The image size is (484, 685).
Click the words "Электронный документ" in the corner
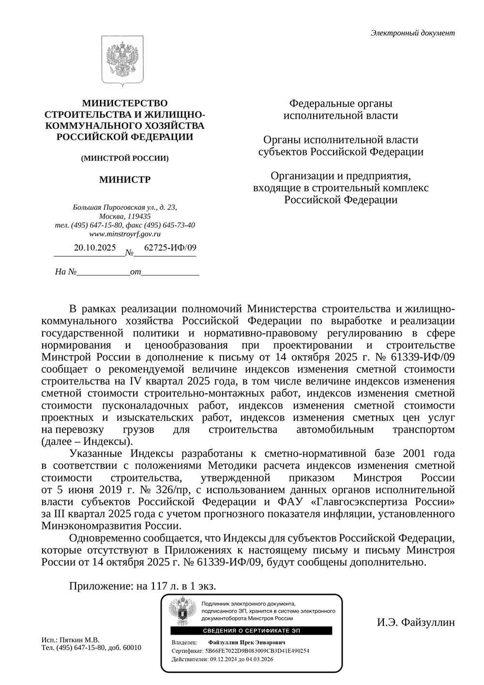[412, 33]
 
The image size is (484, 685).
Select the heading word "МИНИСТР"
[125, 180]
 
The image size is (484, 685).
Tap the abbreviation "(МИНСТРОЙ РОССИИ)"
[125, 158]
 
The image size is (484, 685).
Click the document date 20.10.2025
[95, 248]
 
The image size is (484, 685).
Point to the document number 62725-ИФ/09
[164, 248]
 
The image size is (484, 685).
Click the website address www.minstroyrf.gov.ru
[125, 234]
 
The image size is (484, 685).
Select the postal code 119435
[138, 216]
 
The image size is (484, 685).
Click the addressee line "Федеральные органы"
[340, 104]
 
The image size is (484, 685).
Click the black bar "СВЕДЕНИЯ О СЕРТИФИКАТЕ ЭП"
[251, 630]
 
